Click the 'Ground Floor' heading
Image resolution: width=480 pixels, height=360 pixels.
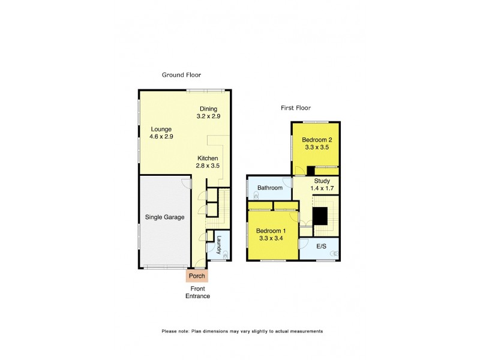click(181, 75)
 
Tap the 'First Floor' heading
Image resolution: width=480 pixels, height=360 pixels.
click(299, 108)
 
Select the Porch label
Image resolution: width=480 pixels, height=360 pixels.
click(197, 276)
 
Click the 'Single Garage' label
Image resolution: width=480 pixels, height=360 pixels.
click(164, 217)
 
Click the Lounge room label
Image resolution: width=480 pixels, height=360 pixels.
click(161, 129)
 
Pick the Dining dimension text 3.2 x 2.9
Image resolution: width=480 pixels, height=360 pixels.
click(209, 116)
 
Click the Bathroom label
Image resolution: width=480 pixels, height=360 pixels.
click(270, 188)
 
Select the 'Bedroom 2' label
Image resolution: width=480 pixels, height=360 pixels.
click(317, 140)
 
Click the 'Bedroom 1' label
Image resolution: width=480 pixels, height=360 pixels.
click(271, 231)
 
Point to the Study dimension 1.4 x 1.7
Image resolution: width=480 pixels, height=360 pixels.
click(323, 188)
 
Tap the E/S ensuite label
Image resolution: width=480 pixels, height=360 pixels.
click(322, 246)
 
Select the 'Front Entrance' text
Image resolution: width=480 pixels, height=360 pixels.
click(197, 292)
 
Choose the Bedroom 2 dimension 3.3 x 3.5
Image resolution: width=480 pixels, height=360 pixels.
click(317, 147)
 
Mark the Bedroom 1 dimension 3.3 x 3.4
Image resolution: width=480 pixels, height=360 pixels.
click(271, 238)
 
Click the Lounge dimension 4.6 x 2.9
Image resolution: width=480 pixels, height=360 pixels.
click(161, 136)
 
